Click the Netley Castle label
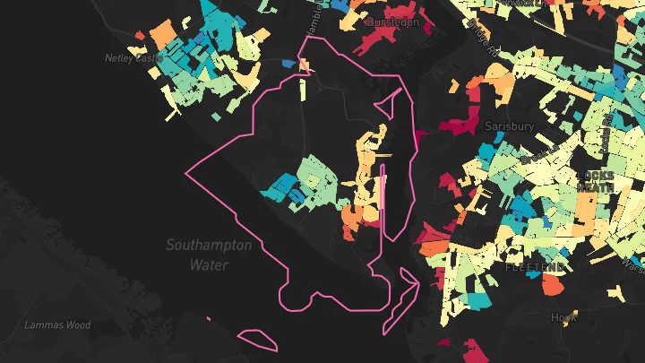coord(131,57)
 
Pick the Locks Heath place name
coord(594,181)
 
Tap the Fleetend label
coord(535,267)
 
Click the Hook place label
coord(563,317)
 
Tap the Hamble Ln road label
coord(313,20)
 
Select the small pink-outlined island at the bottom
coord(259,339)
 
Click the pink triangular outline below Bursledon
coord(386,104)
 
